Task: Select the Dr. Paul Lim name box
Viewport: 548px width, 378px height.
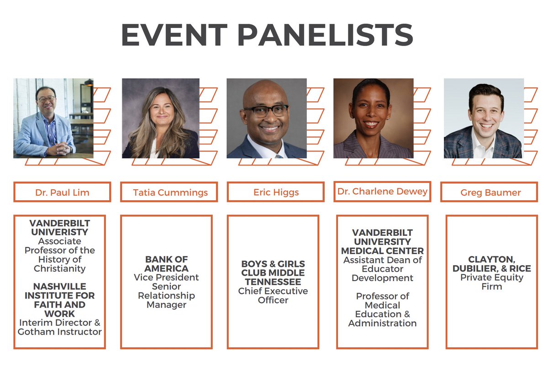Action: pos(62,192)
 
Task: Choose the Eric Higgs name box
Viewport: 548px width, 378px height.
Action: pos(276,192)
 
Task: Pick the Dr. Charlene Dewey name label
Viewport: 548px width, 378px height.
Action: pos(382,192)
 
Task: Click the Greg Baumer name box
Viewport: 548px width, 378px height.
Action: pos(490,192)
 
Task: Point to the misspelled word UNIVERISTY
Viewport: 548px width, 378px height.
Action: pos(60,232)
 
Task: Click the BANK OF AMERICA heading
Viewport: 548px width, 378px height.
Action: pos(166,264)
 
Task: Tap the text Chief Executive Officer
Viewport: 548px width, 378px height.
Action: pos(273,295)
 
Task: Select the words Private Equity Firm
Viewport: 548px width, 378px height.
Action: pos(491,282)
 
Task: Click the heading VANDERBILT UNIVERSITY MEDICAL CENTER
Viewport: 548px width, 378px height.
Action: pos(383,242)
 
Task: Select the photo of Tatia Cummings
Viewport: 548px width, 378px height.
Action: pos(160,118)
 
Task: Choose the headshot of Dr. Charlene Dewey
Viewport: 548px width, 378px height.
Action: pos(373,118)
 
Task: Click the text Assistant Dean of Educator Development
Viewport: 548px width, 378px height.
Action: pos(383,269)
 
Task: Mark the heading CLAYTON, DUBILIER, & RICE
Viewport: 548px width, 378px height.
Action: pos(491,264)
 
